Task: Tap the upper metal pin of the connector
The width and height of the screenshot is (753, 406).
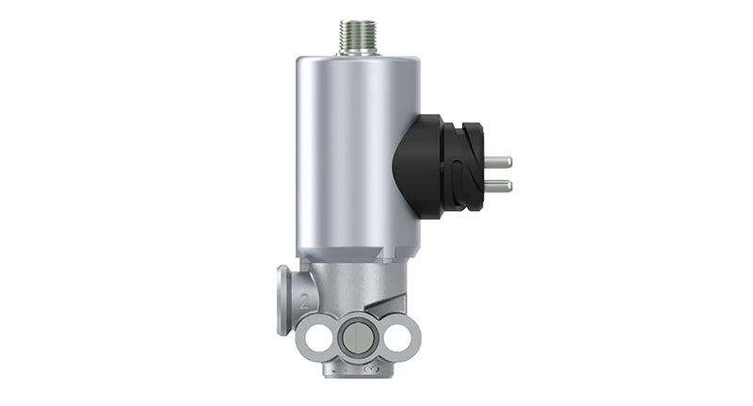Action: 499,162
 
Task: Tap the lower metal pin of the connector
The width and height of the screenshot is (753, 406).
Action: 499,185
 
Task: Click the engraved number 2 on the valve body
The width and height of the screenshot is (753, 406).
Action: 304,303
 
